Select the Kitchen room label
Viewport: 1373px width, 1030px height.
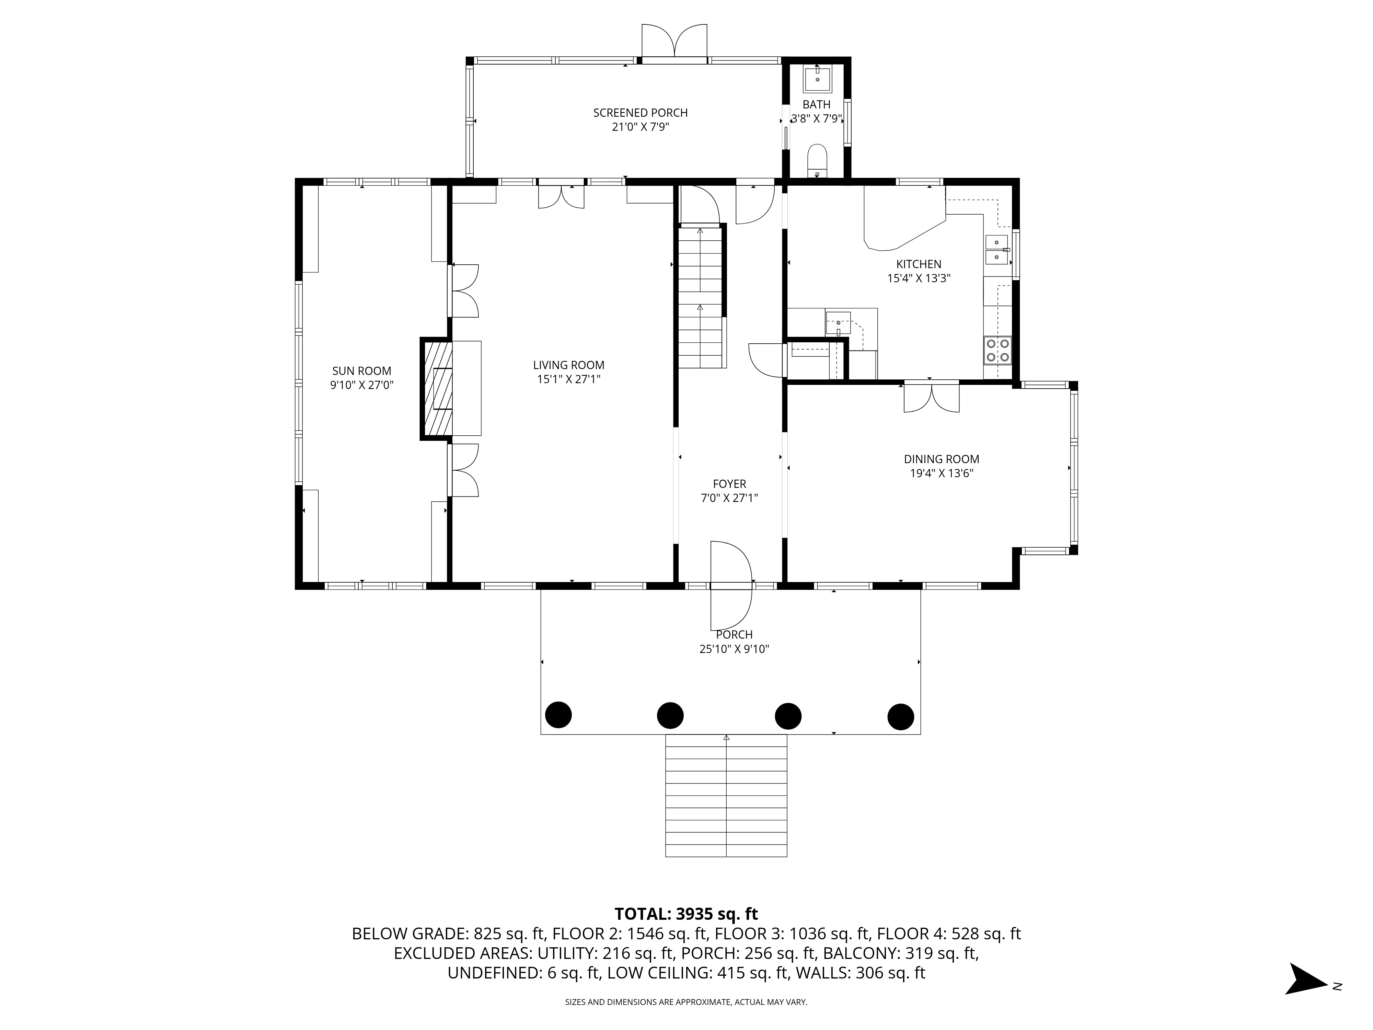point(919,264)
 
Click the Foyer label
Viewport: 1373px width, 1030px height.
point(729,484)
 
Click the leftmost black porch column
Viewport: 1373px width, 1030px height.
point(558,714)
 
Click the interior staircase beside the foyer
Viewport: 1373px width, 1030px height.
point(701,297)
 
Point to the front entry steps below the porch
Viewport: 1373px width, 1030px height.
point(726,796)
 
